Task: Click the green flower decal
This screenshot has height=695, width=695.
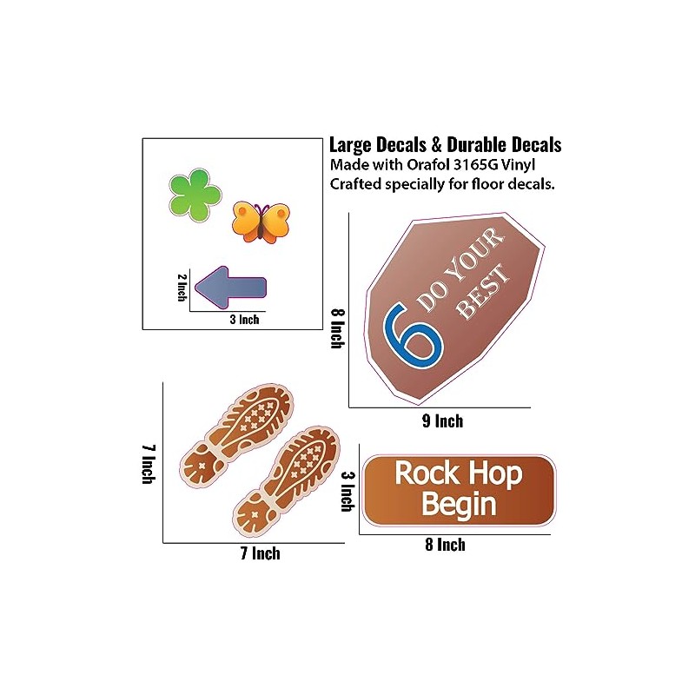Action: click(191, 194)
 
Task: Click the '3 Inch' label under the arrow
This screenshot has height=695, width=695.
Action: click(244, 320)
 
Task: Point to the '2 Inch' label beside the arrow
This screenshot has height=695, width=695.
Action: click(182, 288)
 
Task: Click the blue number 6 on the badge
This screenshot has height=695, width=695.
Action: click(414, 333)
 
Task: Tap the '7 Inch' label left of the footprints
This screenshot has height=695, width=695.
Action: click(148, 465)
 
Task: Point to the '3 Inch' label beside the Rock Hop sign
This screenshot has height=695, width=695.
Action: click(346, 492)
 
